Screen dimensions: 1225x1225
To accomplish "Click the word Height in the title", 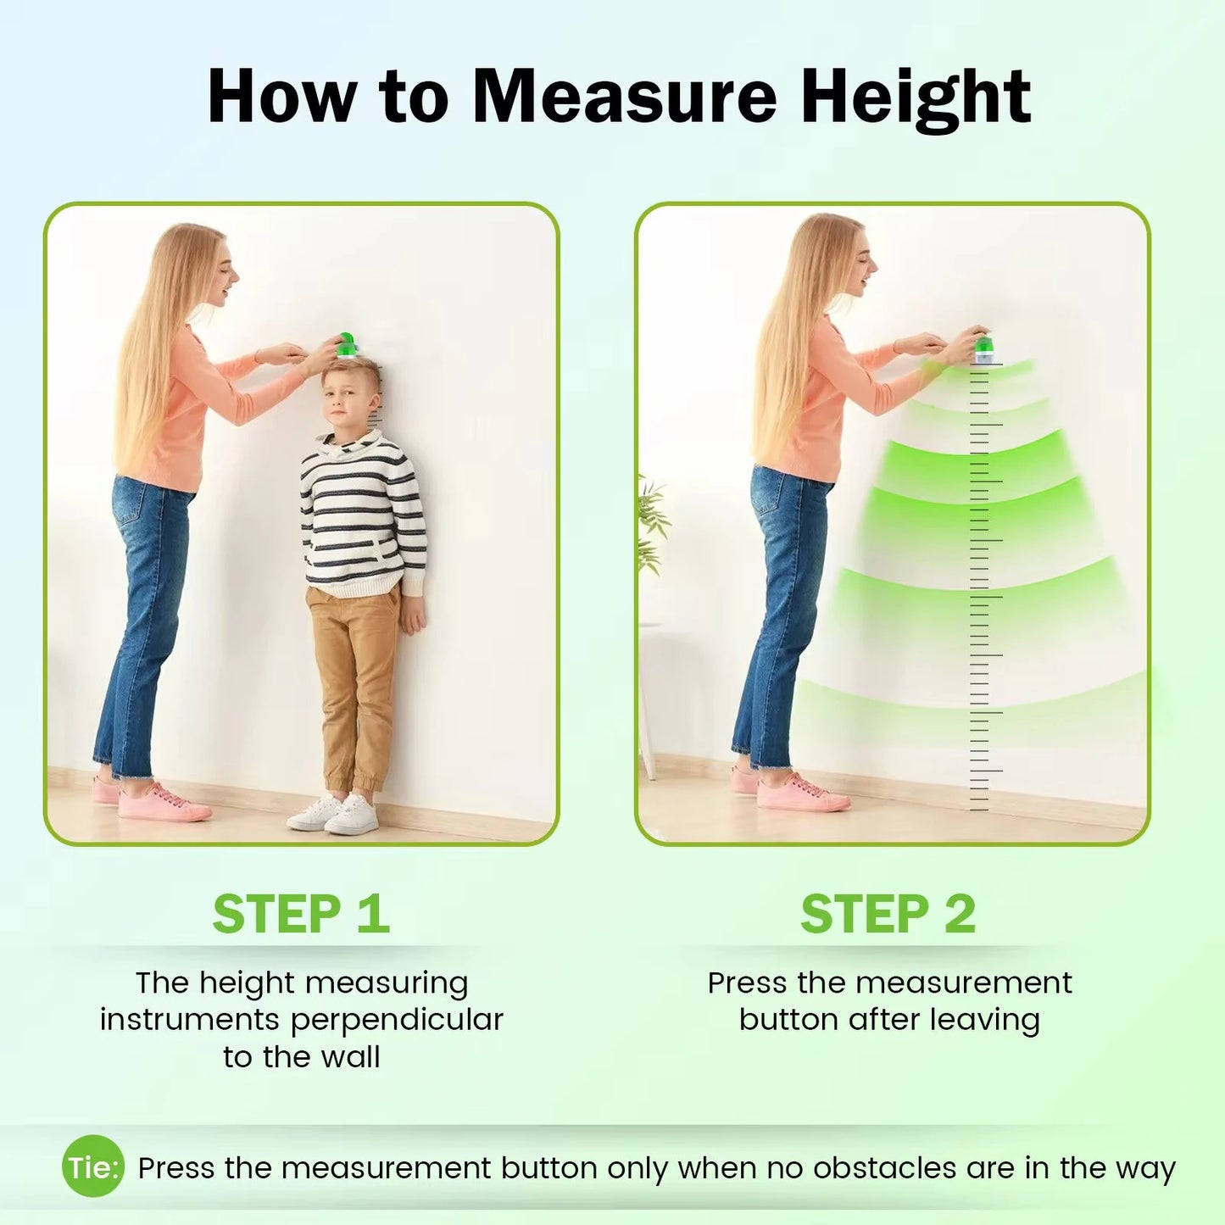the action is coord(916,98).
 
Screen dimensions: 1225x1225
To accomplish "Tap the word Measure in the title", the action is coord(624,96).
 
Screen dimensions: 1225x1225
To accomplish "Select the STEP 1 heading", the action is coord(301,914).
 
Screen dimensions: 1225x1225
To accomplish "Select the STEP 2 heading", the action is coord(888,914).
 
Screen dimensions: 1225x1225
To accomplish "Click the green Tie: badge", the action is coord(93,1167).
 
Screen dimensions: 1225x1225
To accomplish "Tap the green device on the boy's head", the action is coord(347,345).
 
